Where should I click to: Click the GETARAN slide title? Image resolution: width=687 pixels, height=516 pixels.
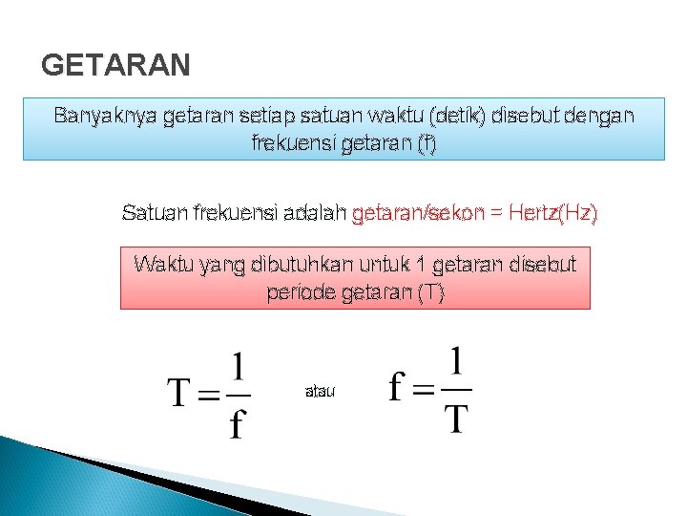(x=116, y=65)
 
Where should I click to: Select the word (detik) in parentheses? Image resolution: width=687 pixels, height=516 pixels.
(x=458, y=117)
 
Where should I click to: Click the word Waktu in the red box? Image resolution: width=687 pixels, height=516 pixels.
(x=164, y=265)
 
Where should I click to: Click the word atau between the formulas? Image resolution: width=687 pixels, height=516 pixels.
(x=320, y=392)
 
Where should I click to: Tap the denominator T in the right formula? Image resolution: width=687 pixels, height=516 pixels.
(x=457, y=418)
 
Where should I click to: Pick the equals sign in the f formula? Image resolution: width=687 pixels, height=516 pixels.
(x=424, y=390)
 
